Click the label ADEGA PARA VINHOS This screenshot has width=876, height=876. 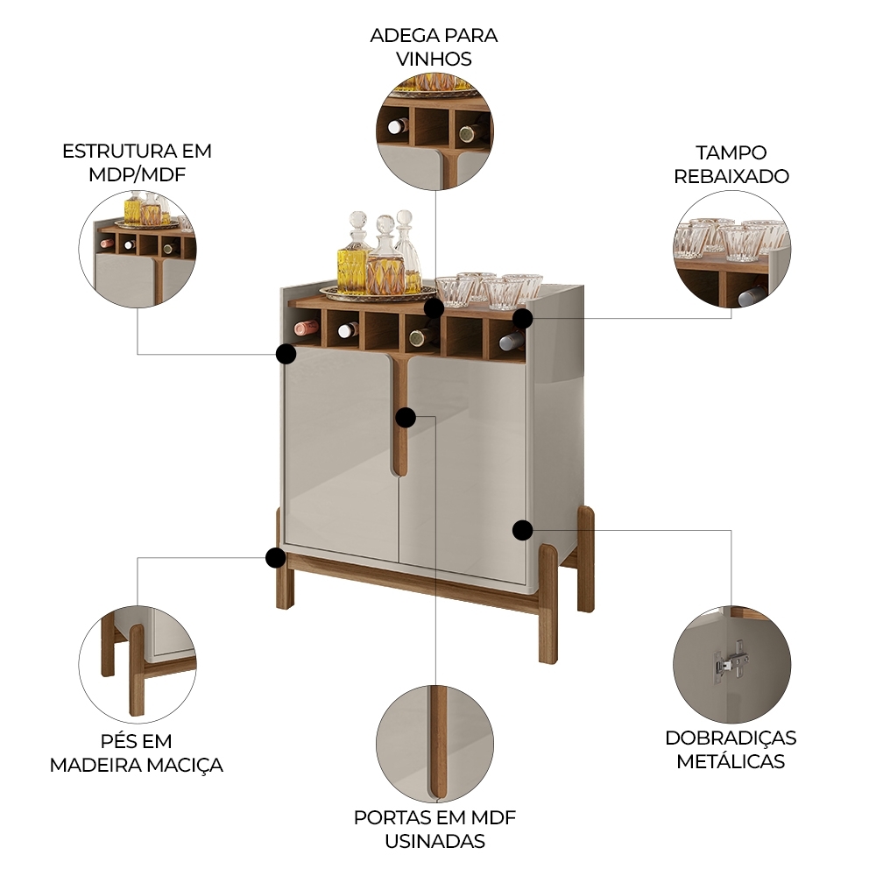pos(434,47)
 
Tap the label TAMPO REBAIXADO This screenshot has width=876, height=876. pos(731,164)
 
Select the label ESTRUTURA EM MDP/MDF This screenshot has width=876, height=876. pos(137,162)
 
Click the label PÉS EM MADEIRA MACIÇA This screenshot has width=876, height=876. pos(137,753)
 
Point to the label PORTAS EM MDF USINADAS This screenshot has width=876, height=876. pos(434,830)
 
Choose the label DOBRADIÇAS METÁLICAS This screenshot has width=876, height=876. pos(731,749)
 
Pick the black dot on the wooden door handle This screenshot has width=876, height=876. pos(405,417)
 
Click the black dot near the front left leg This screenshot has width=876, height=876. pos(276,557)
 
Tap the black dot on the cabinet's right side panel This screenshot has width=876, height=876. pos(522,529)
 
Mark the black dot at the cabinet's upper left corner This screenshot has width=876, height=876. pos(285,354)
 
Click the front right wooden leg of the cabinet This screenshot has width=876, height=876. pos(548,604)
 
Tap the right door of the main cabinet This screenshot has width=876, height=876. pos(464,464)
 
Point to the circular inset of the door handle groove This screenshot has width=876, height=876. pos(434,745)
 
